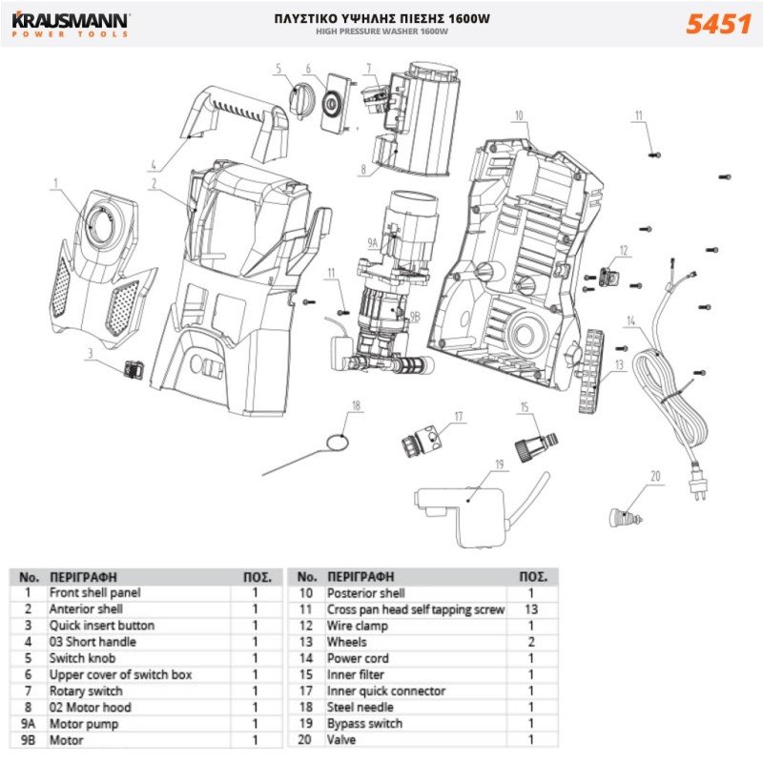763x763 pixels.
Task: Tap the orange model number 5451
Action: [x=717, y=24]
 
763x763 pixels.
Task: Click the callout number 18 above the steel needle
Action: [x=357, y=405]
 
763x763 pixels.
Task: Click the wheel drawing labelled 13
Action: [x=592, y=372]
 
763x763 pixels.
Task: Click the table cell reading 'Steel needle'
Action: [x=360, y=707]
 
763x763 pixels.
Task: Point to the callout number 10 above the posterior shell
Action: [x=519, y=115]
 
